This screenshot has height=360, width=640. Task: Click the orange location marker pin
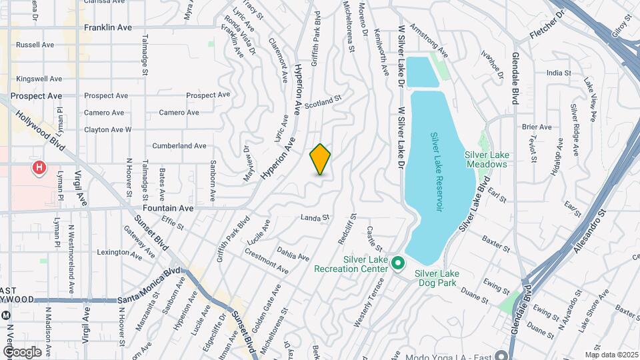coord(320,159)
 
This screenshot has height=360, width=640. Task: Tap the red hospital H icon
coord(39,167)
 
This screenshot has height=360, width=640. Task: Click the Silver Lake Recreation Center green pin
coord(398,263)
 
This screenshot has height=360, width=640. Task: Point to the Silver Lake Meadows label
coord(486,159)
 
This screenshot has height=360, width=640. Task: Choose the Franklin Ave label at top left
coord(107,28)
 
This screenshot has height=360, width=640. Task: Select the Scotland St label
coord(323,101)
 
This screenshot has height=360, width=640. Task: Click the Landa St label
coord(315,217)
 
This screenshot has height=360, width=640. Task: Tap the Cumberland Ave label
coord(179,145)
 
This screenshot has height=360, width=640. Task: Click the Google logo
coord(21,352)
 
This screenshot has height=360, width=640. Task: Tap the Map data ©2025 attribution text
coord(611,355)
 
